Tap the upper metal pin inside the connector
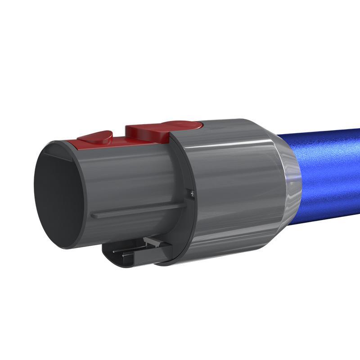[128, 249]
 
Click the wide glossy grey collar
[229, 189]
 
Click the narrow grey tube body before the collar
[135, 180]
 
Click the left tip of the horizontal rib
[92, 216]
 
